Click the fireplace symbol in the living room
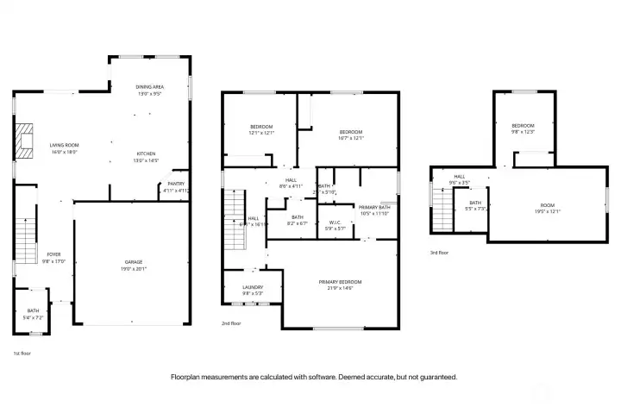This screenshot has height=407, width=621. (x=25, y=141)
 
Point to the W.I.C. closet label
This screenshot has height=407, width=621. (x=336, y=226)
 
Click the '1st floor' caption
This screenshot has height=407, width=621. (x=22, y=354)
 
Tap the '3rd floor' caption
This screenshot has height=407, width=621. (x=439, y=253)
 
